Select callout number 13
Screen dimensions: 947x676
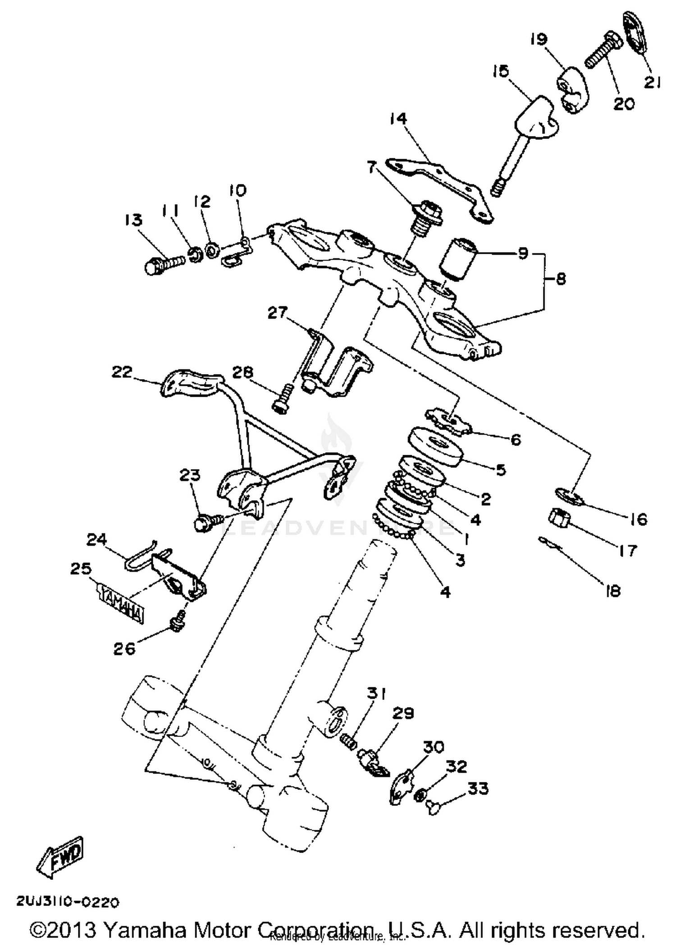[133, 220]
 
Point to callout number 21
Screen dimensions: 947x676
[652, 82]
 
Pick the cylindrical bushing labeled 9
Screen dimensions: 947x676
[458, 260]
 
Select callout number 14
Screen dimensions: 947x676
[398, 119]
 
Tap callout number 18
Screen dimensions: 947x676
[613, 590]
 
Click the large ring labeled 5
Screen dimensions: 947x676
[435, 446]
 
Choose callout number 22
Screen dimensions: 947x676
[122, 372]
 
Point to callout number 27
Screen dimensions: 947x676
[277, 312]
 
